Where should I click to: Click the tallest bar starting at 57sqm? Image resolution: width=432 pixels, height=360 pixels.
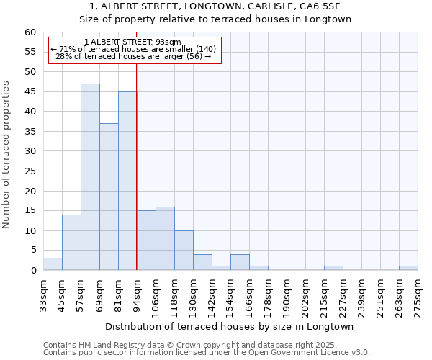coord(90,177)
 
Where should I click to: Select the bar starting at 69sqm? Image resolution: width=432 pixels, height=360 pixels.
coord(109,197)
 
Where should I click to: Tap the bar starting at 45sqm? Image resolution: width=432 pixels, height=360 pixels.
coord(71,243)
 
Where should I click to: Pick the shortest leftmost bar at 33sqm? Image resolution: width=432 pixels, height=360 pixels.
coord(53,264)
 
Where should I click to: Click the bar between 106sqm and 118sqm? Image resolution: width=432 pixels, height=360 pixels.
coord(165,238)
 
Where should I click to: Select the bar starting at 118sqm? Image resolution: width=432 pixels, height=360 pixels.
coord(184,251)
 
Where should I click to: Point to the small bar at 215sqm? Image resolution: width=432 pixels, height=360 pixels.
coord(333,268)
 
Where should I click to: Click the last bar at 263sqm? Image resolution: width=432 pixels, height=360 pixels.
coord(408,268)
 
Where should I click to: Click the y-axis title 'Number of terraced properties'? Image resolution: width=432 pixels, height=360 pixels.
coord(7,154)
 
